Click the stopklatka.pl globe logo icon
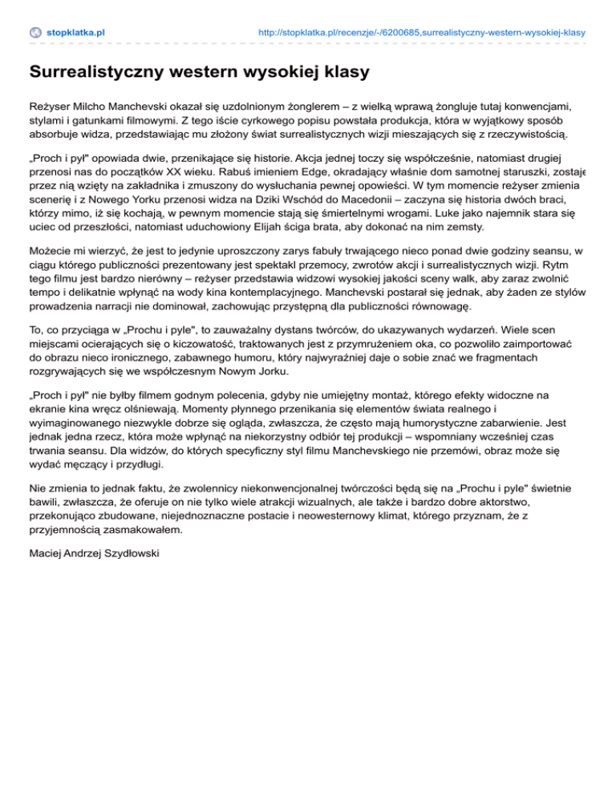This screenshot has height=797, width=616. (35, 33)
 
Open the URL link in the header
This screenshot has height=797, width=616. (422, 33)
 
